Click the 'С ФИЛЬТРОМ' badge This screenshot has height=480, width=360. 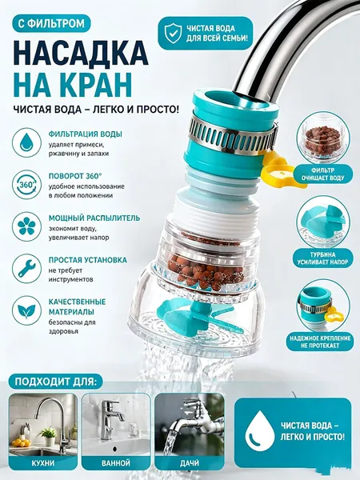51,23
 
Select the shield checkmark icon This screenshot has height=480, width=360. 173,33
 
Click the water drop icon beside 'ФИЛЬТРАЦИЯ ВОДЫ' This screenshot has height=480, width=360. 26,143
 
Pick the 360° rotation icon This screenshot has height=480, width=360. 26,185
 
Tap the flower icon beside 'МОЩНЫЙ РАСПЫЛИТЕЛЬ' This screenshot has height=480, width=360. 26,227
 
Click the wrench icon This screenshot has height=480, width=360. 26,269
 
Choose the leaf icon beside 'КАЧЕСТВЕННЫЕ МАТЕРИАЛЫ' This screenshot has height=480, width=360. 26,310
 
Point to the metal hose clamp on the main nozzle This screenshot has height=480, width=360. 233,135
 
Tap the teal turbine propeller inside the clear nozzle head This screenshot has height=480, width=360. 202,316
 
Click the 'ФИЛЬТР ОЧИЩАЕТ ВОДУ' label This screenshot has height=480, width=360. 322,174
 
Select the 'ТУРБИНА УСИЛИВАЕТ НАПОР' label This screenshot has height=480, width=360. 322,258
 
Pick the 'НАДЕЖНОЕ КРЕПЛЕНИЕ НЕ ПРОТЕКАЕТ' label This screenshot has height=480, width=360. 320,342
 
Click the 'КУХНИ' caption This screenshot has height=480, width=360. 43,463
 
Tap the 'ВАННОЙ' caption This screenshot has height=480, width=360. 116,463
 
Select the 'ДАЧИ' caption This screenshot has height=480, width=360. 190,463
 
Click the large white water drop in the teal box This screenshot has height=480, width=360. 260,430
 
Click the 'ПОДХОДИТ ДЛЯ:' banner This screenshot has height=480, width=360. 56,382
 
